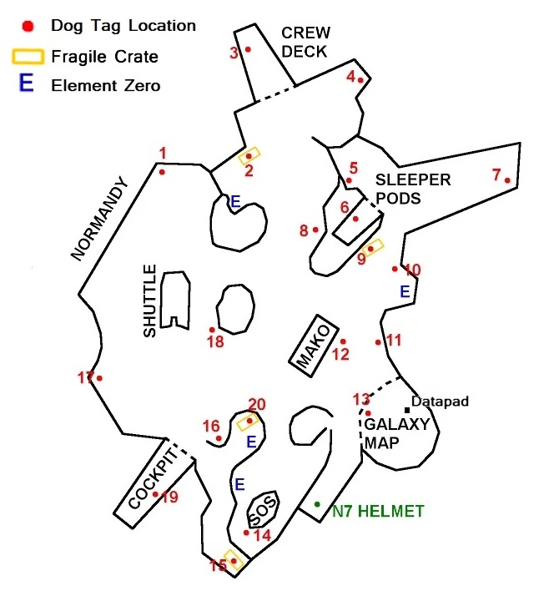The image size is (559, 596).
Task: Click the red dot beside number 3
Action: (x=248, y=49)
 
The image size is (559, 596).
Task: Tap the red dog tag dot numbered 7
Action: (x=507, y=180)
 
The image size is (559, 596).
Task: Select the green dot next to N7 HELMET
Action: (x=317, y=504)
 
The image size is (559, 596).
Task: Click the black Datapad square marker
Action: (x=407, y=410)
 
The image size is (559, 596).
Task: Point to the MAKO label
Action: (x=314, y=346)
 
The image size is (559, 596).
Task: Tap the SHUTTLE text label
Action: (x=149, y=301)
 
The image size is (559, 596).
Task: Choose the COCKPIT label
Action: (x=154, y=478)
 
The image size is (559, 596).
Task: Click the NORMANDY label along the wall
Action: (x=99, y=219)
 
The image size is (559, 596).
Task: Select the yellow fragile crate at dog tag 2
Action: (x=249, y=156)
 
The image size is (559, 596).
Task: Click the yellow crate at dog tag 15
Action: (x=234, y=560)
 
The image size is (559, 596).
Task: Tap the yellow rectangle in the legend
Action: (x=28, y=56)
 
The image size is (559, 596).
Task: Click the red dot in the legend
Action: (x=28, y=26)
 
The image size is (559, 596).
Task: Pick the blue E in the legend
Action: (x=26, y=83)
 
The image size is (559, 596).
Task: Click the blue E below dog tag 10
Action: (x=405, y=291)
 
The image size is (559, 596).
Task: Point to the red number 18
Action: (x=215, y=341)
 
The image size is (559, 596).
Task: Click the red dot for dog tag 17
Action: (x=99, y=378)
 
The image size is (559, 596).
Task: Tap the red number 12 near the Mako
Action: (x=340, y=354)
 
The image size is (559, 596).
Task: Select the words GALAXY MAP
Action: (x=396, y=433)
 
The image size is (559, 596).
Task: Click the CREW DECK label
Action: (x=306, y=42)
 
